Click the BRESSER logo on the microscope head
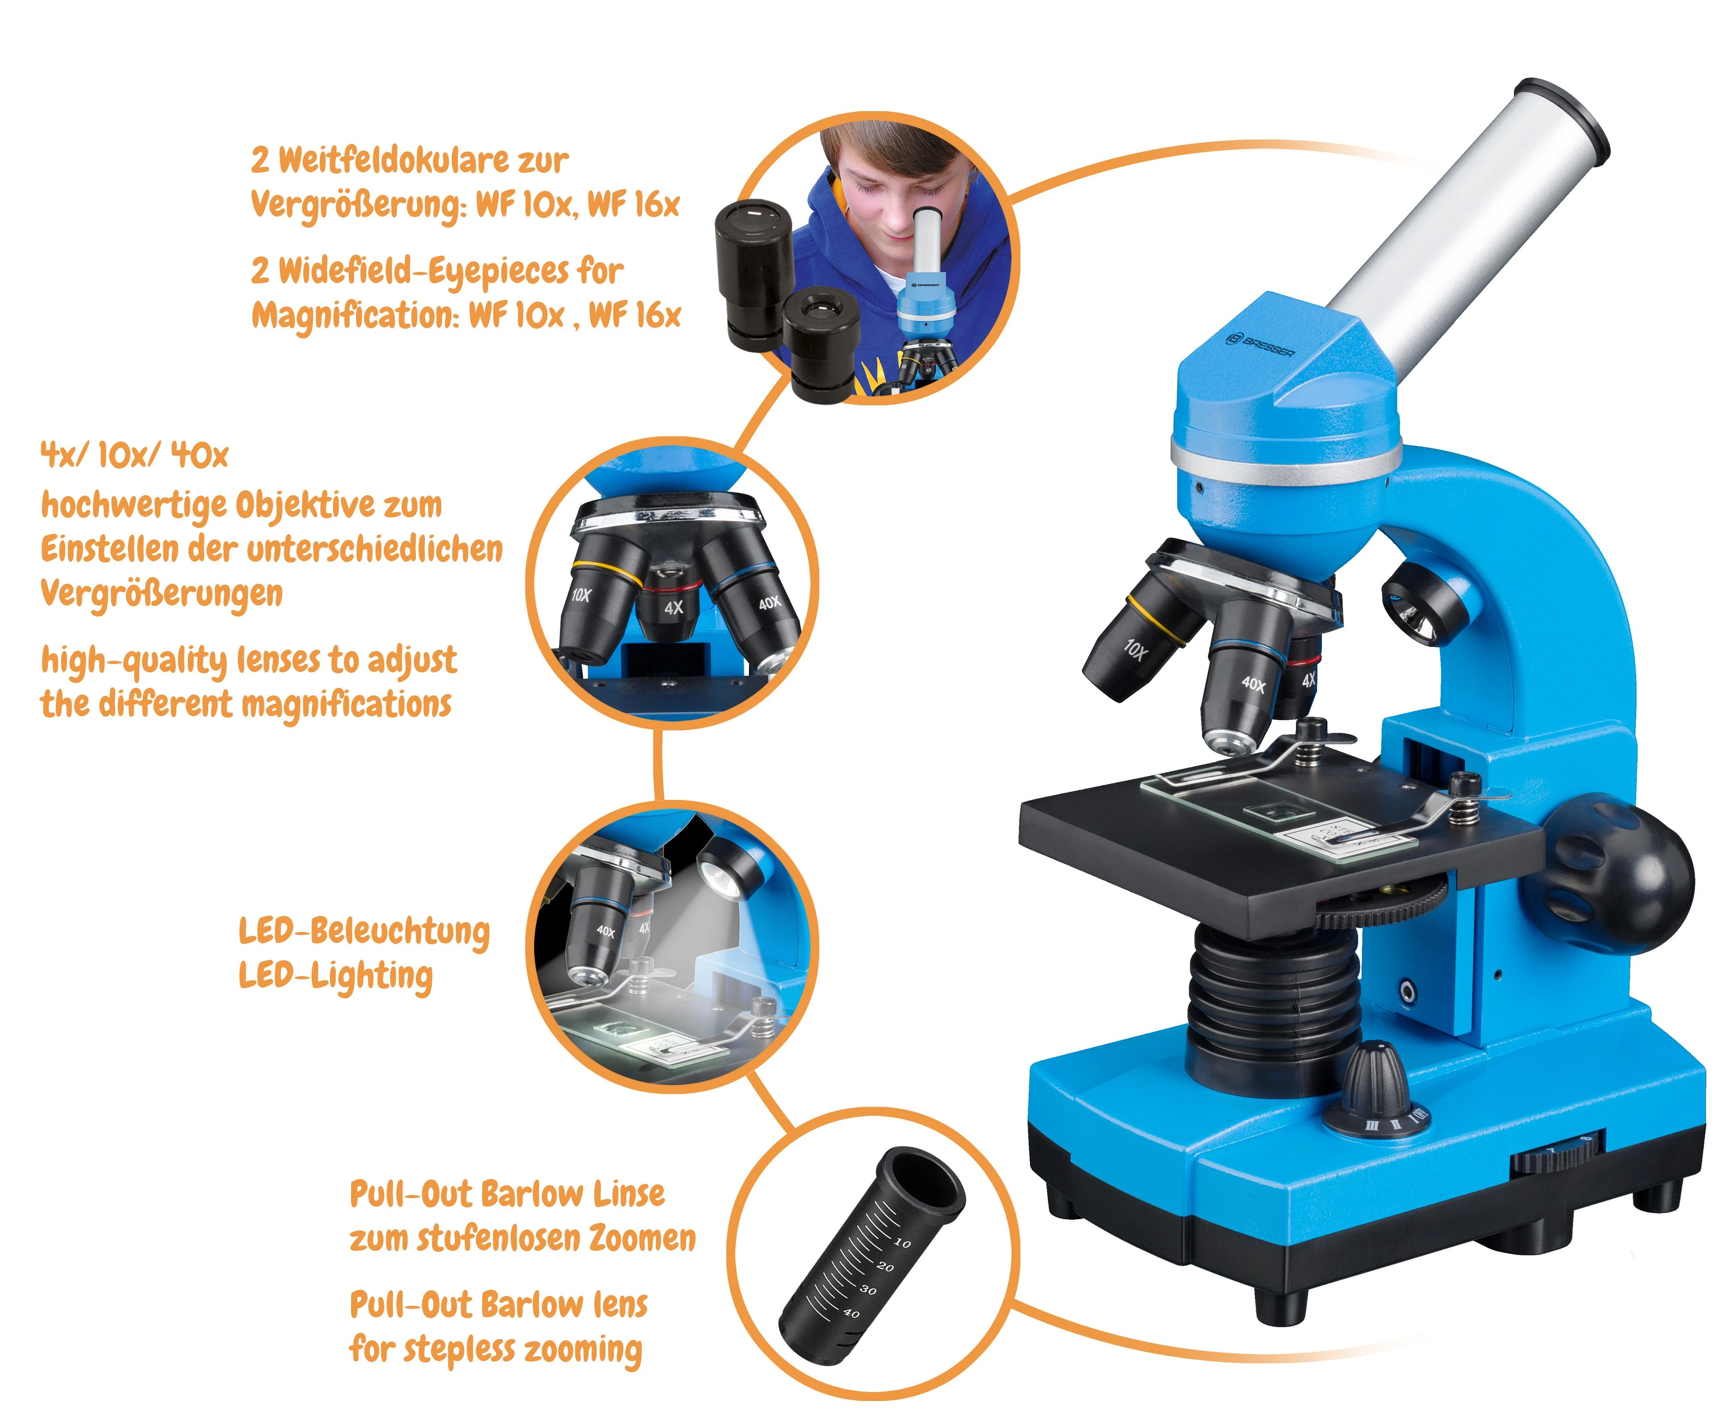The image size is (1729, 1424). [x=1260, y=346]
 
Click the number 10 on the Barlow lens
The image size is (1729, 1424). [x=901, y=1243]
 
